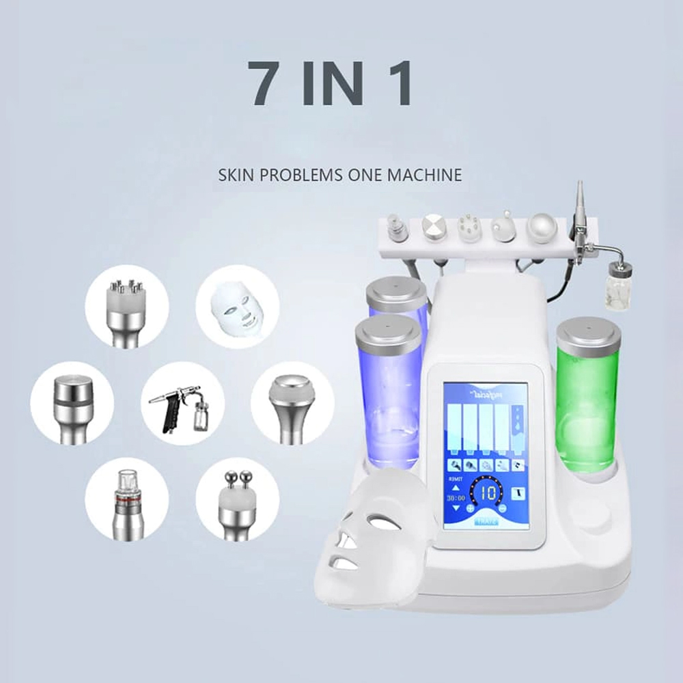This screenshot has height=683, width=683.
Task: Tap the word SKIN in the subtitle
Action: pos(233,175)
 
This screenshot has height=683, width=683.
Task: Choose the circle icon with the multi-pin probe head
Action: pos(126,307)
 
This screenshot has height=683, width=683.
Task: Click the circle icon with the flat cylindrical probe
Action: pos(72,404)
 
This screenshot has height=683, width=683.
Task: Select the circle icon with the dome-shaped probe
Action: pos(292,402)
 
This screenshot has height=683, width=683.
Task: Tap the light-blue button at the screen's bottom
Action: pos(488,522)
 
